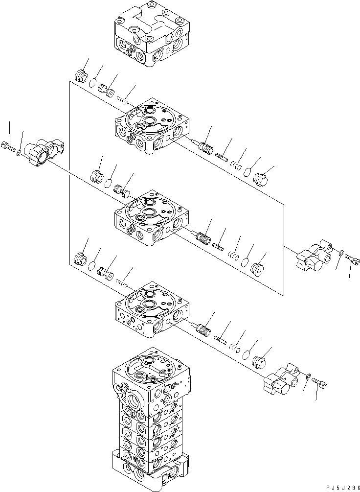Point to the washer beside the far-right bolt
pyautogui.click(x=340, y=253)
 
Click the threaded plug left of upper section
pyautogui.click(x=82, y=77)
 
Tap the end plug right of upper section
pyautogui.click(x=263, y=178)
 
